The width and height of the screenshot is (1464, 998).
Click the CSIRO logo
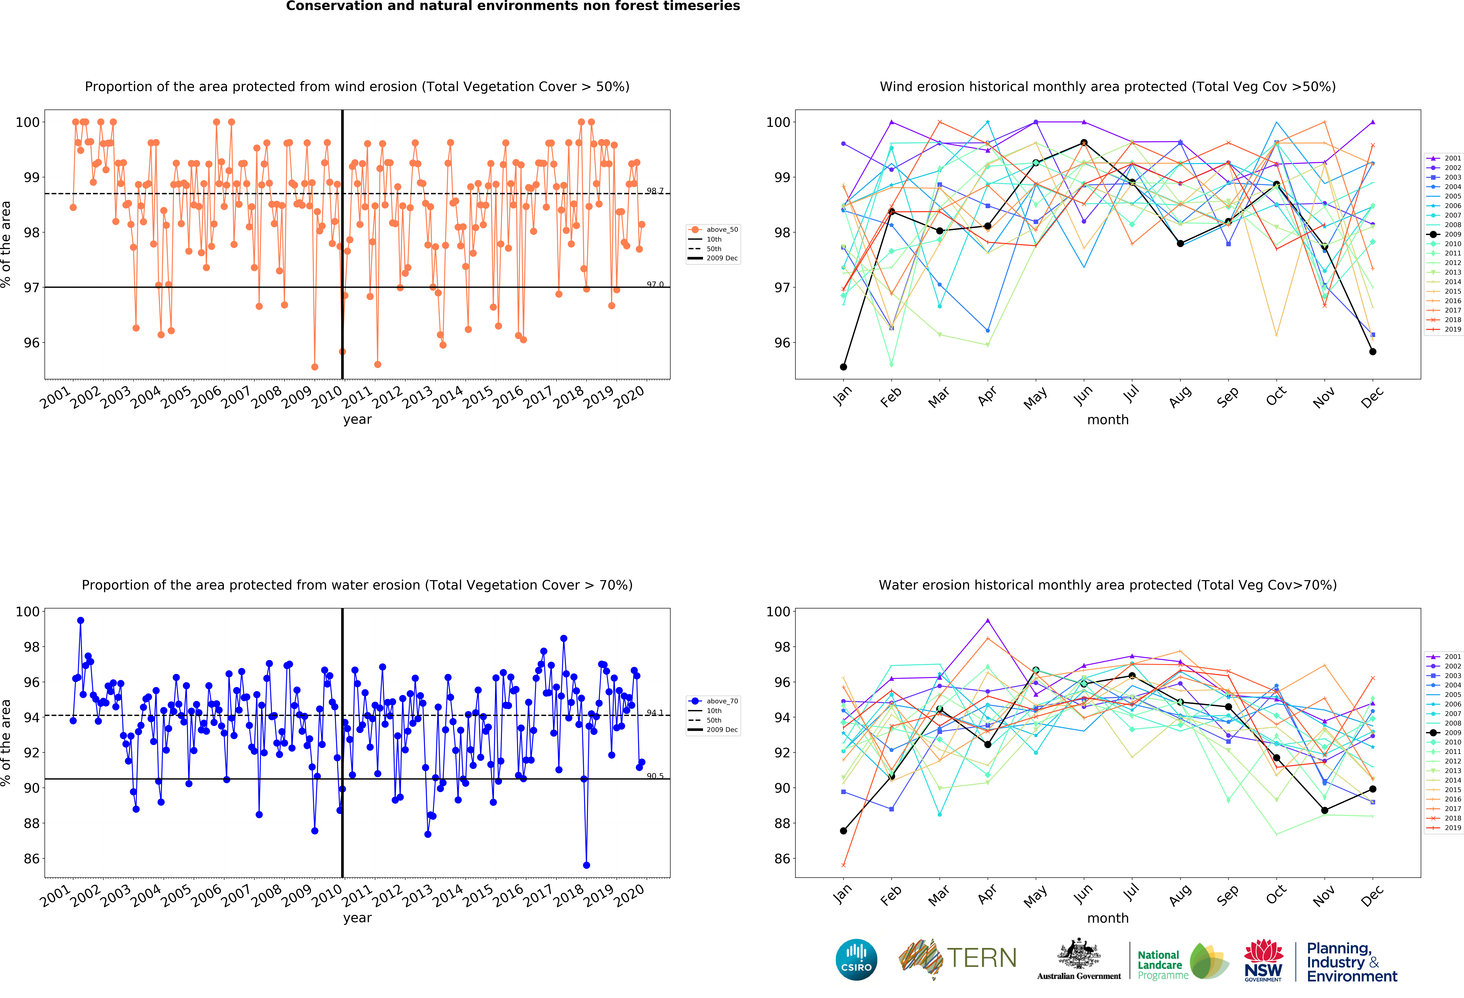(856, 960)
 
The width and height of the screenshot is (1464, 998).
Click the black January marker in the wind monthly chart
(843, 367)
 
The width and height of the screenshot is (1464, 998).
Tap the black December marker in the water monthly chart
(1373, 789)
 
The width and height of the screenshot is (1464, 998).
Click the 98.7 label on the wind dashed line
(654, 191)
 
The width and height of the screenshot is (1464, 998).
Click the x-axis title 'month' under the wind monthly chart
(1107, 420)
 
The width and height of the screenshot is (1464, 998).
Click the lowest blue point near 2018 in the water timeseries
(587, 865)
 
